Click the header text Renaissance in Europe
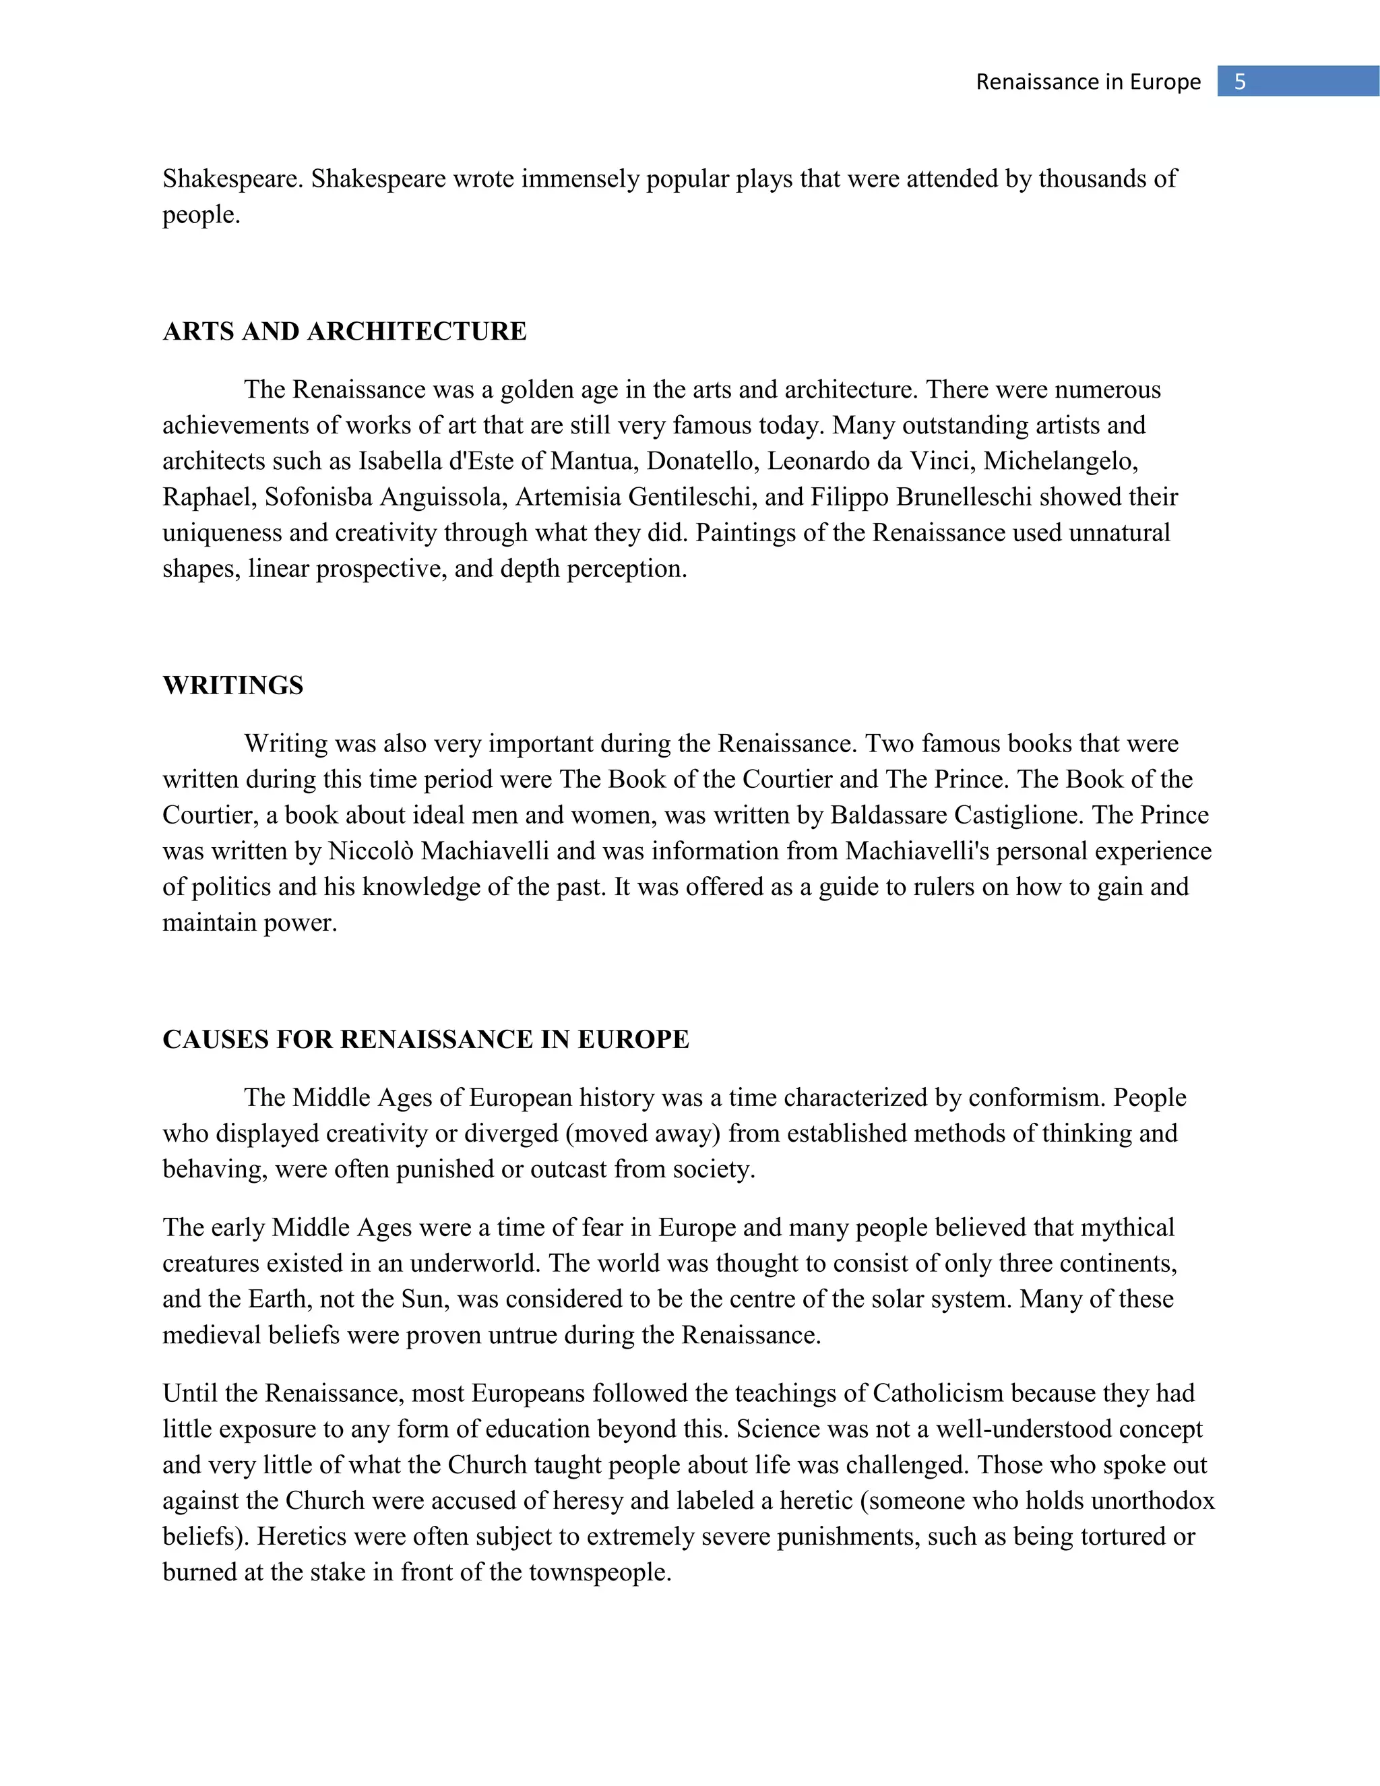pyautogui.click(x=1088, y=82)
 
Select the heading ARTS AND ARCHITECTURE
pyautogui.click(x=344, y=331)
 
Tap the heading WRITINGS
pyautogui.click(x=233, y=685)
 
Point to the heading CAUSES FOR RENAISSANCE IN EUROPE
pyautogui.click(x=425, y=1039)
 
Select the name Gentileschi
pyautogui.click(x=691, y=497)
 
